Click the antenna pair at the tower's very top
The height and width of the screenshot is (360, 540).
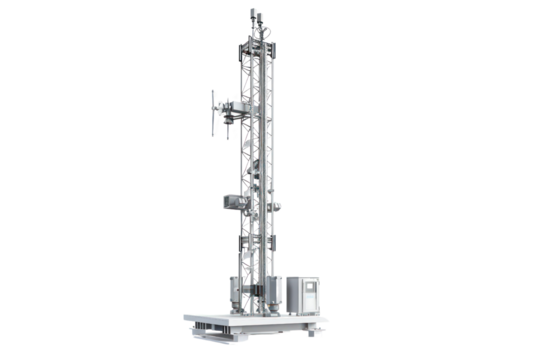[x=255, y=14]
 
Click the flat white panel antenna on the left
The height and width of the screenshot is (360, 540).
[x=215, y=112]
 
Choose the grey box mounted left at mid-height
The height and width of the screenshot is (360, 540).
[x=233, y=201]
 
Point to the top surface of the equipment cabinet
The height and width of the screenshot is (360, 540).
[x=299, y=273]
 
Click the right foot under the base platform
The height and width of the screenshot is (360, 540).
[x=311, y=333]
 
